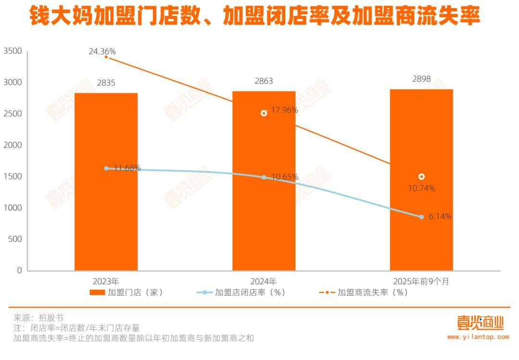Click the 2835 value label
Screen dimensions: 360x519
pos(106,83)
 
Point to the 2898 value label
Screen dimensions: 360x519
pos(421,79)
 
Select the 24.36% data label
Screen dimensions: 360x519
pos(102,51)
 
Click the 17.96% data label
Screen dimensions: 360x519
pos(284,110)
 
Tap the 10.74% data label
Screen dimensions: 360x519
pos(421,188)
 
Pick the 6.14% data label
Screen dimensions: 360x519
pos(440,217)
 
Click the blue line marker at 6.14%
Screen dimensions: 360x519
pos(421,217)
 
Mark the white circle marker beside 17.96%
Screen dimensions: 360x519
pos(264,113)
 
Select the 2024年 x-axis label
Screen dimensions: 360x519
pos(264,281)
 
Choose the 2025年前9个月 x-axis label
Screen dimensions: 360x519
pos(421,281)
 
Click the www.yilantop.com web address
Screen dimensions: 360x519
pos(478,337)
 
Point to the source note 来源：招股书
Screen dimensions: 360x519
pos(38,318)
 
